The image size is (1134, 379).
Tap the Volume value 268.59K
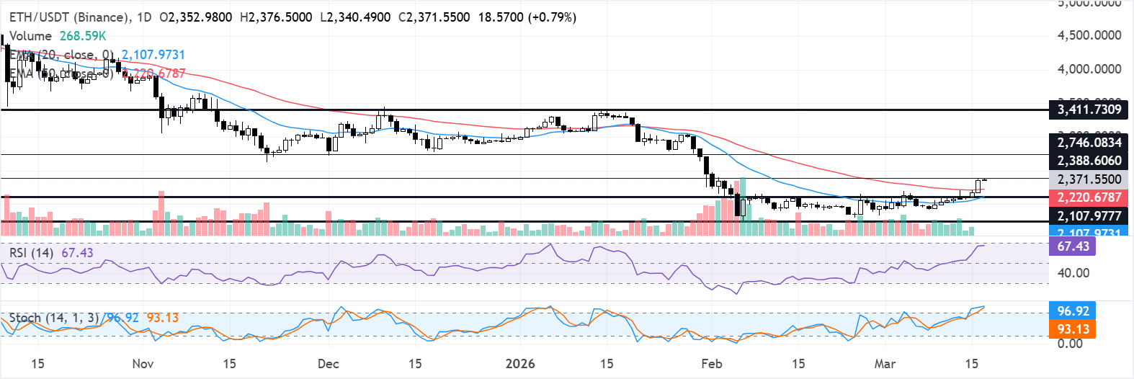83,35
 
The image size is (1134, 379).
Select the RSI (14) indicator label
31,252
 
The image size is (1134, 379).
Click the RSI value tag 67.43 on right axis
1073,246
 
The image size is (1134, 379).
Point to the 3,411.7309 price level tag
1089,110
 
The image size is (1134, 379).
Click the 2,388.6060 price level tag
1089,161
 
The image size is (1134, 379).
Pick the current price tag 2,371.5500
1089,179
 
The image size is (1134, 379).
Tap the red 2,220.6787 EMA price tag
1089,197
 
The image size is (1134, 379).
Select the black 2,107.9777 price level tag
1089,215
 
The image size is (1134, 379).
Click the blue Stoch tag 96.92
1073,311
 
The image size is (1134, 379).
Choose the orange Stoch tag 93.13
1073,329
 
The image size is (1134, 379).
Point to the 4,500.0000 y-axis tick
1089,35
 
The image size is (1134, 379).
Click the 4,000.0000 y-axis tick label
1089,69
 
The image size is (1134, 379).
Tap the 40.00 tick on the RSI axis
1073,273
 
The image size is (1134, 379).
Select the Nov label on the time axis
143,363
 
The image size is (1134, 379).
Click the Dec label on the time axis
328,363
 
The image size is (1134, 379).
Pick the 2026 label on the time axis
520,363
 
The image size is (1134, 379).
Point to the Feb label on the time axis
712,363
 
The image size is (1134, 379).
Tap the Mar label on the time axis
885,363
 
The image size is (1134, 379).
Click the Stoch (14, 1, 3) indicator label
54,318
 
